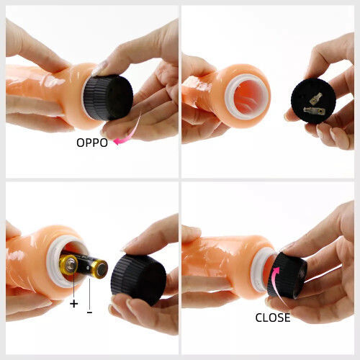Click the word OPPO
92,143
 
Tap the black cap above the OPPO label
108,97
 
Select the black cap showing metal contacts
313,101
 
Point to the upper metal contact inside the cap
315,98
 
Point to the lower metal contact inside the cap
314,111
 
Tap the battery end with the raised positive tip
69,266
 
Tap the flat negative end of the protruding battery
99,269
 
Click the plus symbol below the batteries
74,304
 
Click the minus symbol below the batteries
89,312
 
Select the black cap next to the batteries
138,280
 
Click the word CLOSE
273,318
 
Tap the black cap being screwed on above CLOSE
287,276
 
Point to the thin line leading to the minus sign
89,294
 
